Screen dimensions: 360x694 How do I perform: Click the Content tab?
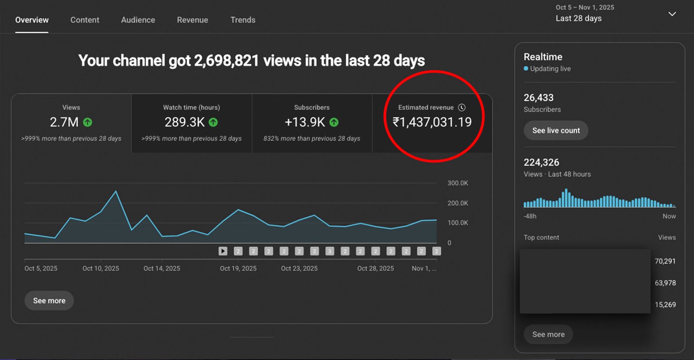coord(85,20)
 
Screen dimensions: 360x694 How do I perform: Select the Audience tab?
coord(138,20)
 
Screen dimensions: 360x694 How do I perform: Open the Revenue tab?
coord(192,20)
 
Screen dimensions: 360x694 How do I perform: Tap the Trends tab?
coord(243,20)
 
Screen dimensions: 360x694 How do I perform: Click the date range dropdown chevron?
coord(672,14)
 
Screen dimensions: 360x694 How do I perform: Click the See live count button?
coord(556,131)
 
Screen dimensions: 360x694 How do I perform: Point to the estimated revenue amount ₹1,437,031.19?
coord(432,122)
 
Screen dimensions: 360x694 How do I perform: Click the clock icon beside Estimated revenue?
coord(462,108)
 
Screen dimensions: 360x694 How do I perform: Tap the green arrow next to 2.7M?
coord(88,122)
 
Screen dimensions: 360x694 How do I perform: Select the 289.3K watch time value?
coord(184,122)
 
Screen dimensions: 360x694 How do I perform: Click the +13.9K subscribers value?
coord(304,122)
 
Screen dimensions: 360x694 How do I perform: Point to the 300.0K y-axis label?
coord(458,183)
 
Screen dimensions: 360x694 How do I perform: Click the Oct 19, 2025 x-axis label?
coord(238,268)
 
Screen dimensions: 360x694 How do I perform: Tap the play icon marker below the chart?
coord(223,251)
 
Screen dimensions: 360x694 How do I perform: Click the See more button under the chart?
coord(49,301)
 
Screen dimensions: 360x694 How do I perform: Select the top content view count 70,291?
coord(665,261)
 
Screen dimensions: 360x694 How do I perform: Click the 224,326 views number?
coord(541,163)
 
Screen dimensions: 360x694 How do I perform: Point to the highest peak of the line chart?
coord(116,191)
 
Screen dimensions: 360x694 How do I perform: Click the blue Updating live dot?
coord(526,69)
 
